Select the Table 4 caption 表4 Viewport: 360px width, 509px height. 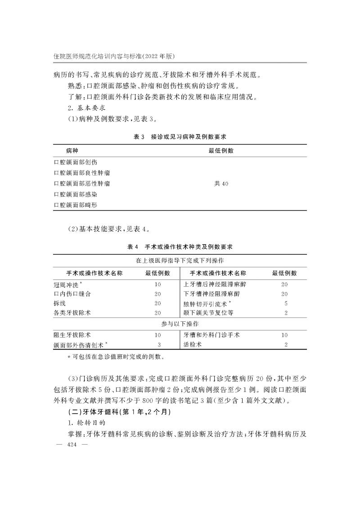coord(133,247)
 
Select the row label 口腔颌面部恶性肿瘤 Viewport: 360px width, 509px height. coord(82,184)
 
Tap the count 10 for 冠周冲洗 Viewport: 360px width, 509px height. coord(157,284)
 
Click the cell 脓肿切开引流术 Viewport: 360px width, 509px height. coord(207,303)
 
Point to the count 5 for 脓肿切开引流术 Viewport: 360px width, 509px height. coord(286,303)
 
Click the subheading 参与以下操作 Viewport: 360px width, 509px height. coord(180,324)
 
